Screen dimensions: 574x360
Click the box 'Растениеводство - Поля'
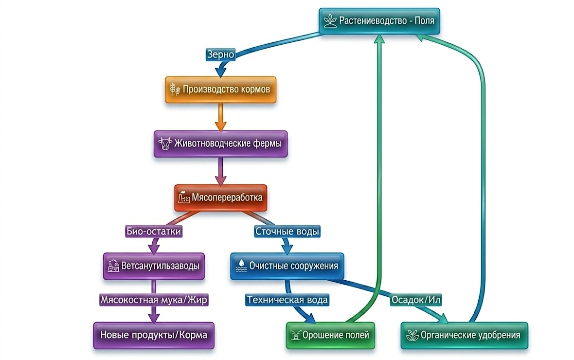(x=379, y=21)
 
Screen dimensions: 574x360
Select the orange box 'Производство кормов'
(x=220, y=90)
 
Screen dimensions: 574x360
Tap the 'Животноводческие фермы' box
(x=220, y=144)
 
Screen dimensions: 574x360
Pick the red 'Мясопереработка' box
(x=220, y=198)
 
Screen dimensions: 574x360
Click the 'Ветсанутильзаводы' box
(x=154, y=266)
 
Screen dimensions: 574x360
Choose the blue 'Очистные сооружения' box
(x=287, y=266)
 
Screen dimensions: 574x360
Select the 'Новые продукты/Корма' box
(x=154, y=335)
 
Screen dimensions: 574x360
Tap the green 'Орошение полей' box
(x=330, y=335)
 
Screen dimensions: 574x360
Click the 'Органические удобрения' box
(x=464, y=335)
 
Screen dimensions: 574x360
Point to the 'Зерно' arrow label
(x=220, y=54)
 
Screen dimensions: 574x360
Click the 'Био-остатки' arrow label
(x=154, y=232)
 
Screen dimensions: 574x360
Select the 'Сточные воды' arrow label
(x=287, y=232)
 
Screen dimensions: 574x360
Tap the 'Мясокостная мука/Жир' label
(x=154, y=300)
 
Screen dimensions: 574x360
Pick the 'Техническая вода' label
(x=287, y=300)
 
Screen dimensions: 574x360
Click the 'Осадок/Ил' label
(x=415, y=300)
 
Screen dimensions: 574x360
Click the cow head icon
(x=165, y=143)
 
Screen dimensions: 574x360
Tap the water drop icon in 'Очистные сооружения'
(x=241, y=266)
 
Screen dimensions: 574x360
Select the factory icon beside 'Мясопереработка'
(x=184, y=198)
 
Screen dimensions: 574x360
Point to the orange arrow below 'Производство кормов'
(x=220, y=117)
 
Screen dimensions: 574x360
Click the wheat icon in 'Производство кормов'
(x=175, y=90)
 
